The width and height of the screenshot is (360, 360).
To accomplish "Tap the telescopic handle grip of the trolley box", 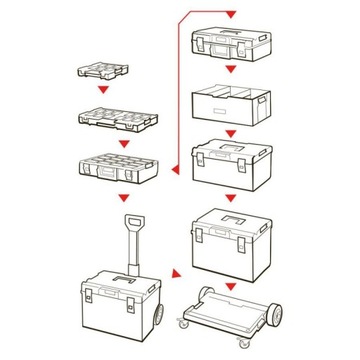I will [131, 221].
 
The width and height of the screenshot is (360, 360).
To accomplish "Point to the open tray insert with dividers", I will [231, 103].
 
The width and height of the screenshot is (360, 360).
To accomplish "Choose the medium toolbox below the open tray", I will [231, 163].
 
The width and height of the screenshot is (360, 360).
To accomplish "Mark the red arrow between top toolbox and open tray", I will [231, 68].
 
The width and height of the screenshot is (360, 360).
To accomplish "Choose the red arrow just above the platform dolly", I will [231, 284].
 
